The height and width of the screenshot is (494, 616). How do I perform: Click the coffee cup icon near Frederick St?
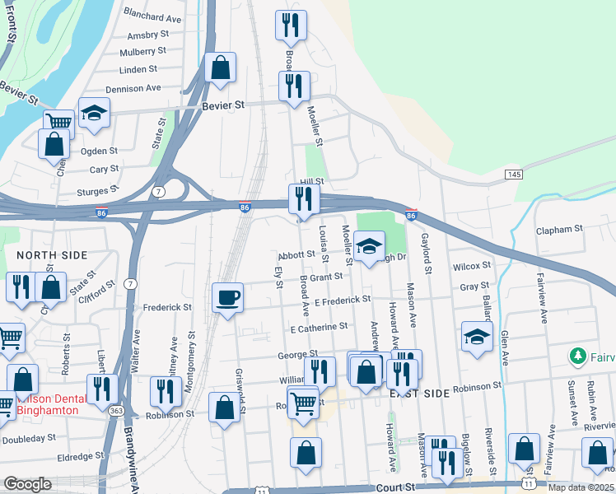pyautogui.click(x=227, y=297)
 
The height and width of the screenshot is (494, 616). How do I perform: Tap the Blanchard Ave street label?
pyautogui.click(x=152, y=17)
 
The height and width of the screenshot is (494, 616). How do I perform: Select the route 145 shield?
pyautogui.click(x=514, y=175)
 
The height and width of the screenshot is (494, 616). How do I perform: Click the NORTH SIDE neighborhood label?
pyautogui.click(x=52, y=255)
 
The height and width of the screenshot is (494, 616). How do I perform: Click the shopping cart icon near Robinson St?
pyautogui.click(x=304, y=403)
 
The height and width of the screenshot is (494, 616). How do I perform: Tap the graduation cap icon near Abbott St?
pyautogui.click(x=370, y=245)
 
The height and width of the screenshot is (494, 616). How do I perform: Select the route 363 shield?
pyautogui.click(x=118, y=409)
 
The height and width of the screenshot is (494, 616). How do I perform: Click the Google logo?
pyautogui.click(x=27, y=484)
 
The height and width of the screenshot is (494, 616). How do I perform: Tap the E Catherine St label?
pyautogui.click(x=319, y=327)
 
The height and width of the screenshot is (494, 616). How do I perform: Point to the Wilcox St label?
pyautogui.click(x=471, y=266)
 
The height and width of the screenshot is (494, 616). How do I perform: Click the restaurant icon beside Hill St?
pyautogui.click(x=303, y=198)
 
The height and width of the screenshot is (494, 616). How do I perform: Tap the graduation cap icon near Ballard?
pyautogui.click(x=477, y=336)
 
